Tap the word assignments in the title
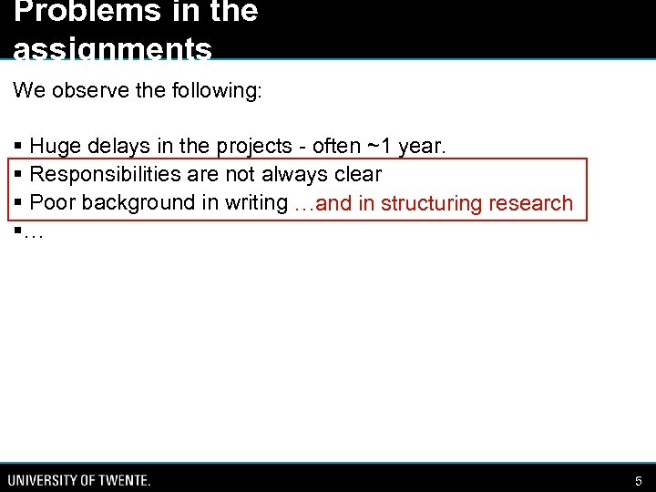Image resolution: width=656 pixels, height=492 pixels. [x=113, y=50]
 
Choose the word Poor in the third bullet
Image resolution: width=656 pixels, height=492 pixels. [x=53, y=202]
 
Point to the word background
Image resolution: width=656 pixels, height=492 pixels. [x=137, y=202]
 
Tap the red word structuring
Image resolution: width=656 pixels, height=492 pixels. [x=431, y=203]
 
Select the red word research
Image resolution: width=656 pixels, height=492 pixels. [x=531, y=202]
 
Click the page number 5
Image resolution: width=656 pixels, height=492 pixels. [x=638, y=480]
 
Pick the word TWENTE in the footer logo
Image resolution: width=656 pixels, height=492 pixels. [x=121, y=480]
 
